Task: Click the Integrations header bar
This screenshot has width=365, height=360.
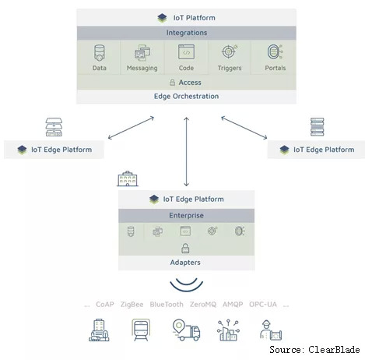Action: pos(186,33)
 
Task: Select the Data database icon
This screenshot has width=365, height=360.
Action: pos(100,53)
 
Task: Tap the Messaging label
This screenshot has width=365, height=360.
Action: pos(142,68)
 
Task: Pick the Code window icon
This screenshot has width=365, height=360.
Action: pos(186,52)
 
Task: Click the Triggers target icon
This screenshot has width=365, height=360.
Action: pos(230,51)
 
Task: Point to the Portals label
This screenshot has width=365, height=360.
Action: pos(276,68)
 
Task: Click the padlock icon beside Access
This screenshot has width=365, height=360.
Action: pos(172,83)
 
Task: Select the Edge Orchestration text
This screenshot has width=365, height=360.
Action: pos(186,97)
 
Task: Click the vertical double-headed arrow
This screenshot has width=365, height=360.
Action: pos(186,152)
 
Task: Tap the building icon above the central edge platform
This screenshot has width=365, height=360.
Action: pos(128,178)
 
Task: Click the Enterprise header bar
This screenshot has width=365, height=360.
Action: pos(186,215)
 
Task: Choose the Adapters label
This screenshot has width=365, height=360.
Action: pos(185,263)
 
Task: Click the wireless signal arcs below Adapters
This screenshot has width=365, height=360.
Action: pos(187,287)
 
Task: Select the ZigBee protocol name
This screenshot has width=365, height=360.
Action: pos(132,304)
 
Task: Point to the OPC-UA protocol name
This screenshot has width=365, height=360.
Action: pos(263,304)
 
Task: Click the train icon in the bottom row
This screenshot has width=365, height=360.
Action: pos(141,330)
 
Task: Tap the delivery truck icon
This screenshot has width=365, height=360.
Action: pos(186,330)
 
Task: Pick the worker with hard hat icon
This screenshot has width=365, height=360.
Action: pos(271,330)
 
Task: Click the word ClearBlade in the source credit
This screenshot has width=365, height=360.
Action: pos(334,350)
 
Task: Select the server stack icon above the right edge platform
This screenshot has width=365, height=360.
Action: pos(318,127)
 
